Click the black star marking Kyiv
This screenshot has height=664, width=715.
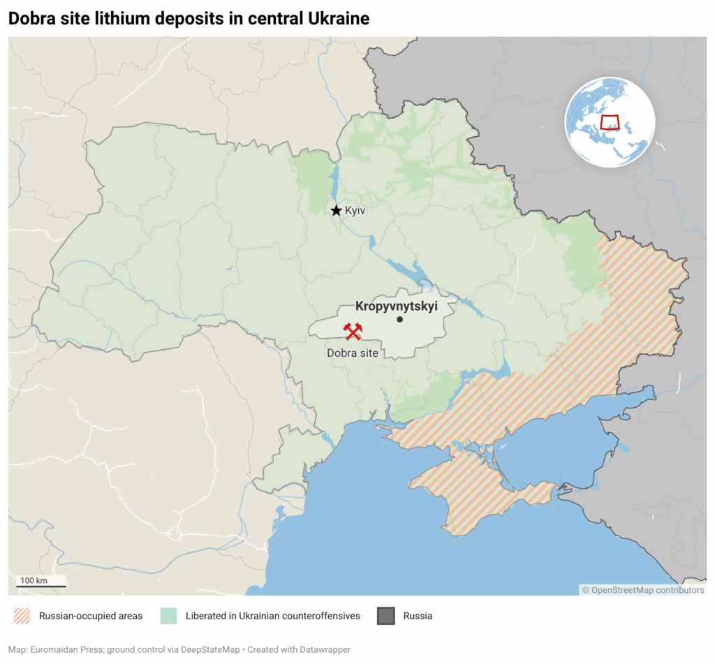(336, 210)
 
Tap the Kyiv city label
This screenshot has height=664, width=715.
(355, 210)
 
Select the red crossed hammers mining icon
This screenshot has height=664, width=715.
(353, 332)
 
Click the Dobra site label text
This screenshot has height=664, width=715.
(352, 353)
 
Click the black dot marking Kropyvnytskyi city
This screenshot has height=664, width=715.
(399, 320)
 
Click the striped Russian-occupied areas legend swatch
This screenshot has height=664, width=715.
(22, 616)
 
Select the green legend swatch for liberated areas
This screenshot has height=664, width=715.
(168, 616)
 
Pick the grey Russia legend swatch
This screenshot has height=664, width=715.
(386, 616)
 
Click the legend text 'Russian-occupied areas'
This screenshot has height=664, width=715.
(91, 616)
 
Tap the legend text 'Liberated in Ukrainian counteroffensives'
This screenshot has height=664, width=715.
(273, 616)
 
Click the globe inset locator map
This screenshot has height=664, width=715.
(610, 122)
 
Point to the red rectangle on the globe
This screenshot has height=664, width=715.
(610, 122)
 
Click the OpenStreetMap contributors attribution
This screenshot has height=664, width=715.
(643, 590)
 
